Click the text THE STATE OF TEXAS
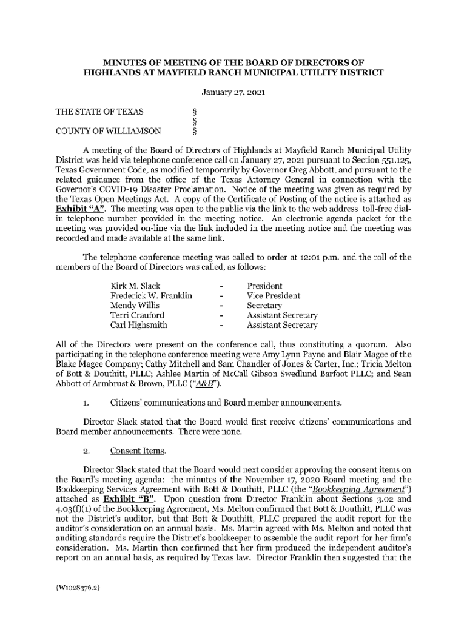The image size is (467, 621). [x=99, y=112]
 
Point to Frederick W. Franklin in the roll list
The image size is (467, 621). [x=151, y=295]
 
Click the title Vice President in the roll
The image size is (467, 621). [x=273, y=295]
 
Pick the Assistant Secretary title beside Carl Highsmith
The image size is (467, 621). [x=282, y=325]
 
